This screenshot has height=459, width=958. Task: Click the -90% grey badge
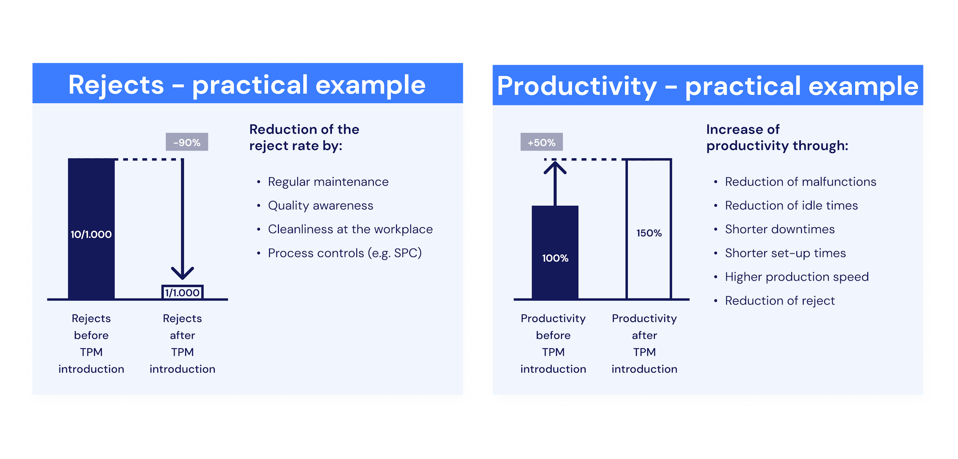pos(187,142)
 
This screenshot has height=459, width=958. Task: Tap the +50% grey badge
pos(541,142)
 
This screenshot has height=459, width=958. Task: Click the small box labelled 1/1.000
pos(182,293)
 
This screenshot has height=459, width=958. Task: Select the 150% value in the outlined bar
pos(649,233)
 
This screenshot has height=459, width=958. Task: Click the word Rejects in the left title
pos(116,85)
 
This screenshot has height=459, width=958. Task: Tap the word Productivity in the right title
pos(577,86)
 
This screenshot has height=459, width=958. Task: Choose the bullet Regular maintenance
pos(328,182)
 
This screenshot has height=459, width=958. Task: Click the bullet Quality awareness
pos(320,206)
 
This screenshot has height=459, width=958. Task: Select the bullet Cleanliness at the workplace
pos(350,229)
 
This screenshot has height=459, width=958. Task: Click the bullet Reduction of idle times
pos(791,206)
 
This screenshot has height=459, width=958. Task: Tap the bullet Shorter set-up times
pos(785,253)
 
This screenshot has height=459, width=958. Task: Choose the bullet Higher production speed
pos(797,277)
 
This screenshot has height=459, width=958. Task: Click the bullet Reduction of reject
pos(780,301)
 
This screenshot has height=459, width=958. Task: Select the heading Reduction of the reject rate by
pos(304,137)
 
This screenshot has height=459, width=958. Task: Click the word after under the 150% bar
pos(644,335)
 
